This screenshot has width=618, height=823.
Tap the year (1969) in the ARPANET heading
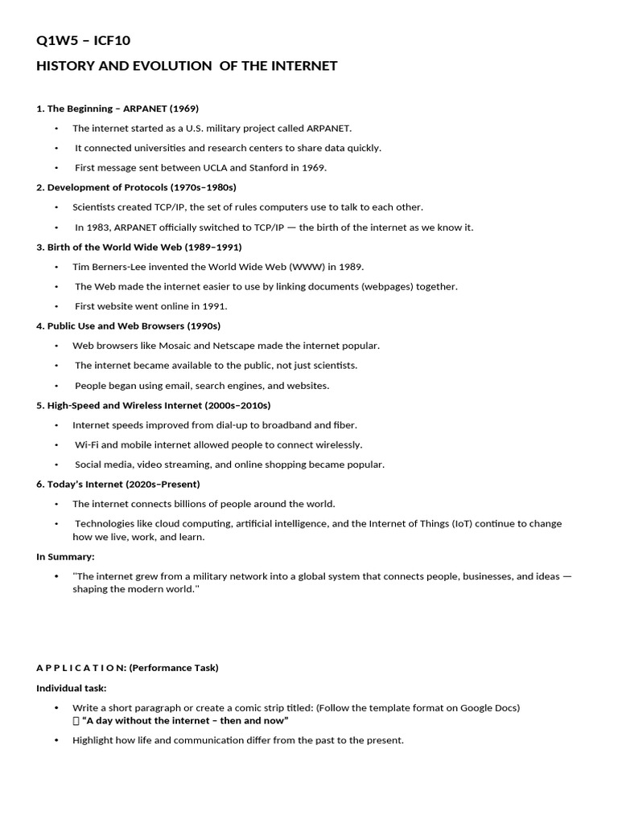click(x=183, y=109)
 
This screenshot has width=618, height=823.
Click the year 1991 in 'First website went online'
click(x=215, y=306)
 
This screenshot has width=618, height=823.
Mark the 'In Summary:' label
click(x=65, y=557)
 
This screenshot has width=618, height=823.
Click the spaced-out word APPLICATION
click(x=80, y=668)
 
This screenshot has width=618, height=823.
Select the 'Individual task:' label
click(x=72, y=688)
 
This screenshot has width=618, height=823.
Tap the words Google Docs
click(x=490, y=708)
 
